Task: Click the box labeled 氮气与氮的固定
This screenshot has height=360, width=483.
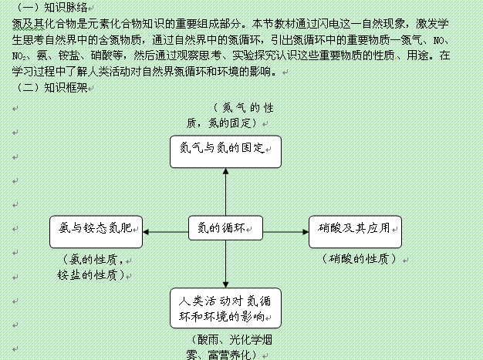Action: [225, 151]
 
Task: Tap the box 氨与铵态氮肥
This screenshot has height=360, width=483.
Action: [96, 230]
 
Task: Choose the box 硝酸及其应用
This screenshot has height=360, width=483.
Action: [356, 230]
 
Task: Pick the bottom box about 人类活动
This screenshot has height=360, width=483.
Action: [225, 308]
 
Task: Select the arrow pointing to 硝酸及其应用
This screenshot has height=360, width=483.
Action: [285, 230]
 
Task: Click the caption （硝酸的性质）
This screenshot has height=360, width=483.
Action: [356, 259]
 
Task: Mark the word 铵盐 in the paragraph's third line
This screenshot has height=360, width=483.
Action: [84, 56]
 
